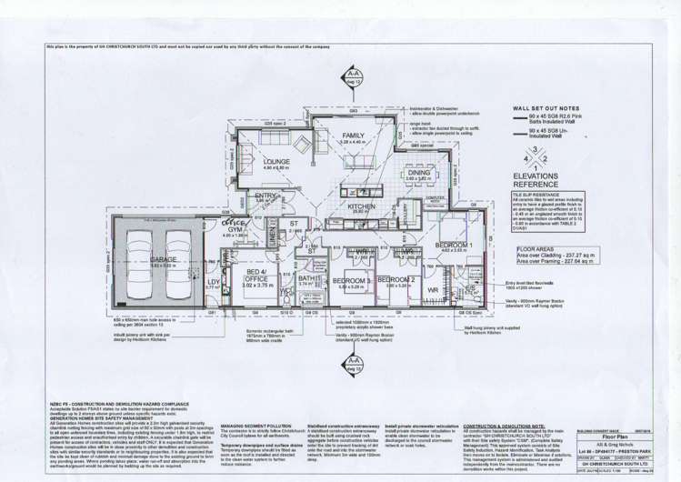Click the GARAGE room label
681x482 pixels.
coord(164,258)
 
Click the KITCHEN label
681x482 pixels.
coord(362,207)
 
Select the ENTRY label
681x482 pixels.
coord(265,196)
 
